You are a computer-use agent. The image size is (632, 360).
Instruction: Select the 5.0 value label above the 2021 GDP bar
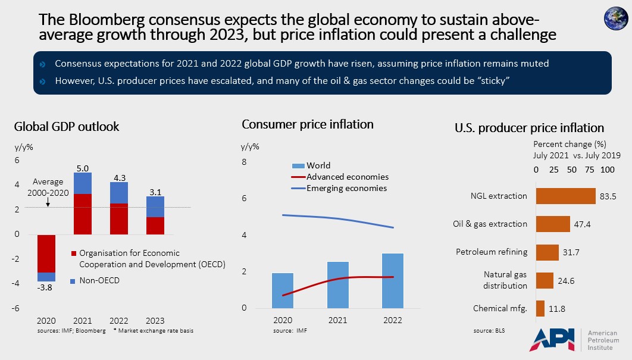pyautogui.click(x=83, y=167)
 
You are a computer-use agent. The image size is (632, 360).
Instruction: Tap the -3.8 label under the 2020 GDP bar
pyautogui.click(x=46, y=288)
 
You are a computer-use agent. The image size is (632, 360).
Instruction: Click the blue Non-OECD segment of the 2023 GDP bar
pyautogui.click(x=156, y=206)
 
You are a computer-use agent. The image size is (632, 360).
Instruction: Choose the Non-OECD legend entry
pyautogui.click(x=95, y=280)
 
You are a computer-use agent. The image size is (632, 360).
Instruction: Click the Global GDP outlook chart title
pyautogui.click(x=67, y=127)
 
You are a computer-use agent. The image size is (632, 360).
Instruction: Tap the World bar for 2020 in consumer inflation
pyautogui.click(x=283, y=290)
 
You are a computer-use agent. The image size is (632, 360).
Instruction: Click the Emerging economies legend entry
pyautogui.click(x=346, y=188)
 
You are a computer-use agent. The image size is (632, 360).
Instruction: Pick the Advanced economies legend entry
pyautogui.click(x=347, y=177)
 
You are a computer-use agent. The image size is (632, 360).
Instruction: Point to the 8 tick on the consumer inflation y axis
pyautogui.click(x=243, y=162)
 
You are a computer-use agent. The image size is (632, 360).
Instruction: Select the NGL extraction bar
pyautogui.click(x=565, y=196)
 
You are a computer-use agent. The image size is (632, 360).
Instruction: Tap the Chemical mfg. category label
pyautogui.click(x=500, y=308)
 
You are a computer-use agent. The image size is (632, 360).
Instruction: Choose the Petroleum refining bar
pyautogui.click(x=547, y=252)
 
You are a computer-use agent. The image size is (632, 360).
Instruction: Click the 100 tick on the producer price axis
pyautogui.click(x=606, y=170)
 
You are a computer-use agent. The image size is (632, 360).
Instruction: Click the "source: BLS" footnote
pyautogui.click(x=487, y=330)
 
